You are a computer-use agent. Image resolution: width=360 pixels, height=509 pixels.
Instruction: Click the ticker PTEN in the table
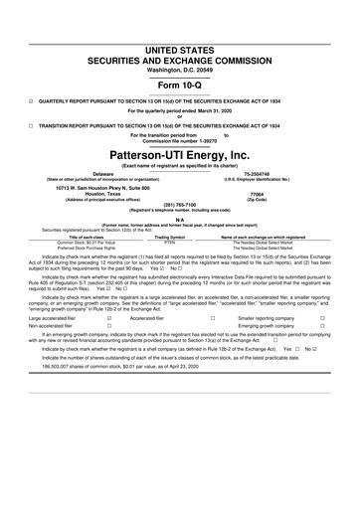tap(169, 242)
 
